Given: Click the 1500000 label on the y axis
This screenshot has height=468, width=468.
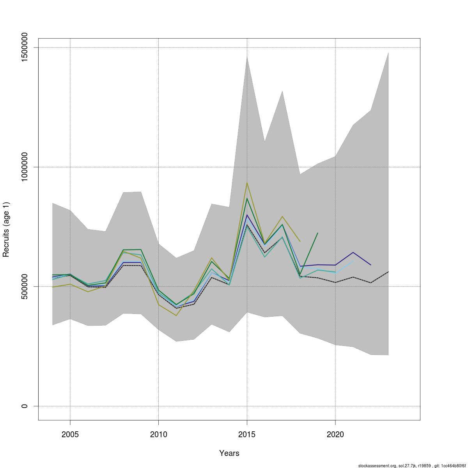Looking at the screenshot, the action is point(24,47).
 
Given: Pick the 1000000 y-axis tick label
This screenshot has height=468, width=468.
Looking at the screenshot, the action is point(24,167).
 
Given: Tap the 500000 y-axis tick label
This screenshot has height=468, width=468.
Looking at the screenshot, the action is point(24,286).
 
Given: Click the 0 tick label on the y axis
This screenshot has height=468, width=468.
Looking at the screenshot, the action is point(24,406).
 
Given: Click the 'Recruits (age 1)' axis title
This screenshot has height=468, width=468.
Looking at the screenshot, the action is point(6,229).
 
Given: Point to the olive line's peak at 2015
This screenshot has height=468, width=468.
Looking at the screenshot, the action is point(247,183).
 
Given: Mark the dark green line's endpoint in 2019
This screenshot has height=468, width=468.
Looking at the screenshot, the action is point(318,233).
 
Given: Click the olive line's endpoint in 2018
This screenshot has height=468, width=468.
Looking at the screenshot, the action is point(300,241).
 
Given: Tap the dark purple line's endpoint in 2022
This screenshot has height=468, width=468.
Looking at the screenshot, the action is point(370,265).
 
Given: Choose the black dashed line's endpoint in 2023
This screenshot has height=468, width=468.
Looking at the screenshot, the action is point(388,271).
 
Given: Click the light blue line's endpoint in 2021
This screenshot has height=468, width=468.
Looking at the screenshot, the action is point(353,261).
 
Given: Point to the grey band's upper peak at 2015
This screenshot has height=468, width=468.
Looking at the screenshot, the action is point(247,56).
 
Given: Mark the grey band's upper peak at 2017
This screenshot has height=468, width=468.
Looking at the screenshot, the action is point(282,91).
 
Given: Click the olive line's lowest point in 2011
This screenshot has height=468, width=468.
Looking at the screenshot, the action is point(176,316).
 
